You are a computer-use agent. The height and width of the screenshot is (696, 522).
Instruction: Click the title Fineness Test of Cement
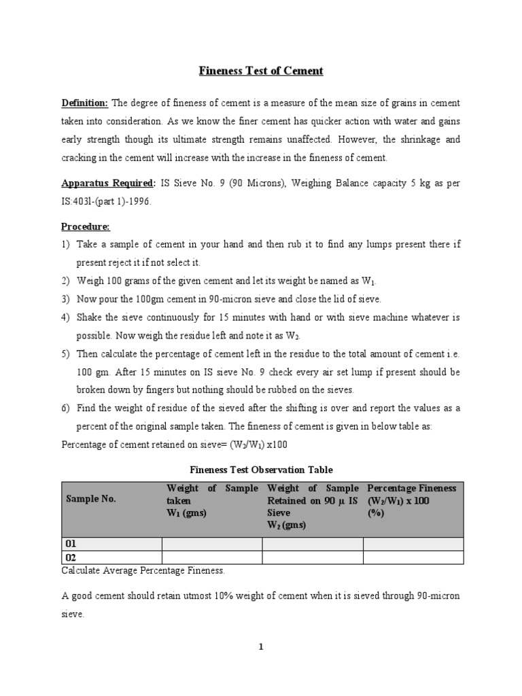261,71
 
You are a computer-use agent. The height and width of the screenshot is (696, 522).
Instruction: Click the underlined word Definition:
85,103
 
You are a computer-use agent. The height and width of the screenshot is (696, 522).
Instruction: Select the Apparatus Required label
107,184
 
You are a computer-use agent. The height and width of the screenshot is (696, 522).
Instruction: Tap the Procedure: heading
86,226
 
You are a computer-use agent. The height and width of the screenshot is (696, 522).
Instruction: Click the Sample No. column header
90,499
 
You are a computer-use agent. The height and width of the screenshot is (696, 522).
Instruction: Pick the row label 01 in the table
70,544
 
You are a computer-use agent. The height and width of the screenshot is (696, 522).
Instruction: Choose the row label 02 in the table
70,557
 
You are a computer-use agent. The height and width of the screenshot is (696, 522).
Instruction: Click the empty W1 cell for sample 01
211,544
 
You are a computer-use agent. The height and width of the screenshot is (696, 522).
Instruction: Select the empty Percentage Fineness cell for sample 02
413,557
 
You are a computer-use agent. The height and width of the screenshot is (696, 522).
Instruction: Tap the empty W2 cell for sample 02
312,557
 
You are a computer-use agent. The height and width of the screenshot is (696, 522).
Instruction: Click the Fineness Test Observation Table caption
261,470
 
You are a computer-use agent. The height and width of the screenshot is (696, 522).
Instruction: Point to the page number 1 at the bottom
261,647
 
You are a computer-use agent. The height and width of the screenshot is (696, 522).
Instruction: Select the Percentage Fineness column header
412,489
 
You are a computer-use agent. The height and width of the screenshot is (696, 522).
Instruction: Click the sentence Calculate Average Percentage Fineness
143,570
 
